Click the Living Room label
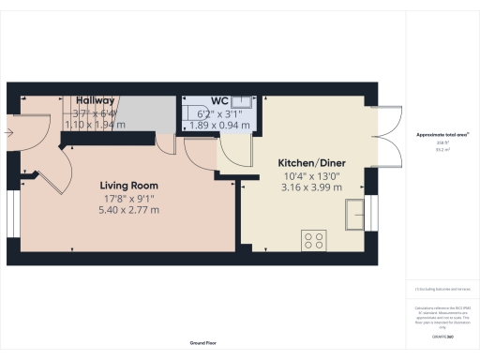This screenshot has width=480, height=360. (129, 186)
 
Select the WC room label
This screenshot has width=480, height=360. (220, 100)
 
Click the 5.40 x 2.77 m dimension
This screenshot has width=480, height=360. (129, 210)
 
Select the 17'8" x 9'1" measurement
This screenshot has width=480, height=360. (129, 198)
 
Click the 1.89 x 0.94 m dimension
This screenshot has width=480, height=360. (220, 124)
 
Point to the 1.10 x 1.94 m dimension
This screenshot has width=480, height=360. (89, 124)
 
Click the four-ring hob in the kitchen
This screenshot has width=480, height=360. (313, 240)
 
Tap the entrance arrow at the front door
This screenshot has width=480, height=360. (9, 134)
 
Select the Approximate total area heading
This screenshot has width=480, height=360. (442, 135)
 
